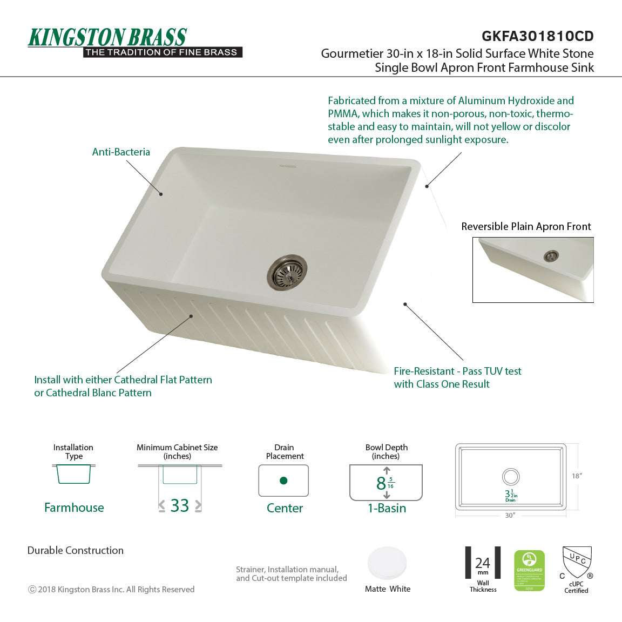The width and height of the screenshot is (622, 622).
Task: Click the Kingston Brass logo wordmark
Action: pos(107,38)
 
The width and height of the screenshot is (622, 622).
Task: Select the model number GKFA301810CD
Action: pos(537,36)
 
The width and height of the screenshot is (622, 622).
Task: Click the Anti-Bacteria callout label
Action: pos(121,152)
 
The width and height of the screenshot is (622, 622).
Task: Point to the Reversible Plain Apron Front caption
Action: pos(526,227)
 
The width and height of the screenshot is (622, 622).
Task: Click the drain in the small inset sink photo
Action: pos(551,256)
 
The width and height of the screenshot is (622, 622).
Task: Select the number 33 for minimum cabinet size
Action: pos(180,506)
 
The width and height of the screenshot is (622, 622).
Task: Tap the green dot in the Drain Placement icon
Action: pos(283,481)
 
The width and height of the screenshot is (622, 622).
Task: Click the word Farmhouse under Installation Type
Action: pos(74,508)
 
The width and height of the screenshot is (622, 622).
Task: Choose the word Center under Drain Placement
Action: pos(285,508)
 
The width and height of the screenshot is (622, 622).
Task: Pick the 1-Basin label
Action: pos(387,508)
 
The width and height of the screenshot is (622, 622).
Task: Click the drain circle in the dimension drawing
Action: pos(510,477)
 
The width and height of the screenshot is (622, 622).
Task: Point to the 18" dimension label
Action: pos(577,476)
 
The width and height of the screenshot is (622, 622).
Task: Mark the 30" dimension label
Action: pos(510,516)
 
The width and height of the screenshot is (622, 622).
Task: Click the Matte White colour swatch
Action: pos(387,564)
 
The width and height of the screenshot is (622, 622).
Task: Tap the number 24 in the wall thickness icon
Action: pos(483,563)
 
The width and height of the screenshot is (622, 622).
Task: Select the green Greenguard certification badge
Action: pos(529,571)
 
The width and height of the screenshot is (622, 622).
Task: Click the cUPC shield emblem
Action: pos(577,563)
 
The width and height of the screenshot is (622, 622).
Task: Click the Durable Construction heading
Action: pos(76,551)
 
